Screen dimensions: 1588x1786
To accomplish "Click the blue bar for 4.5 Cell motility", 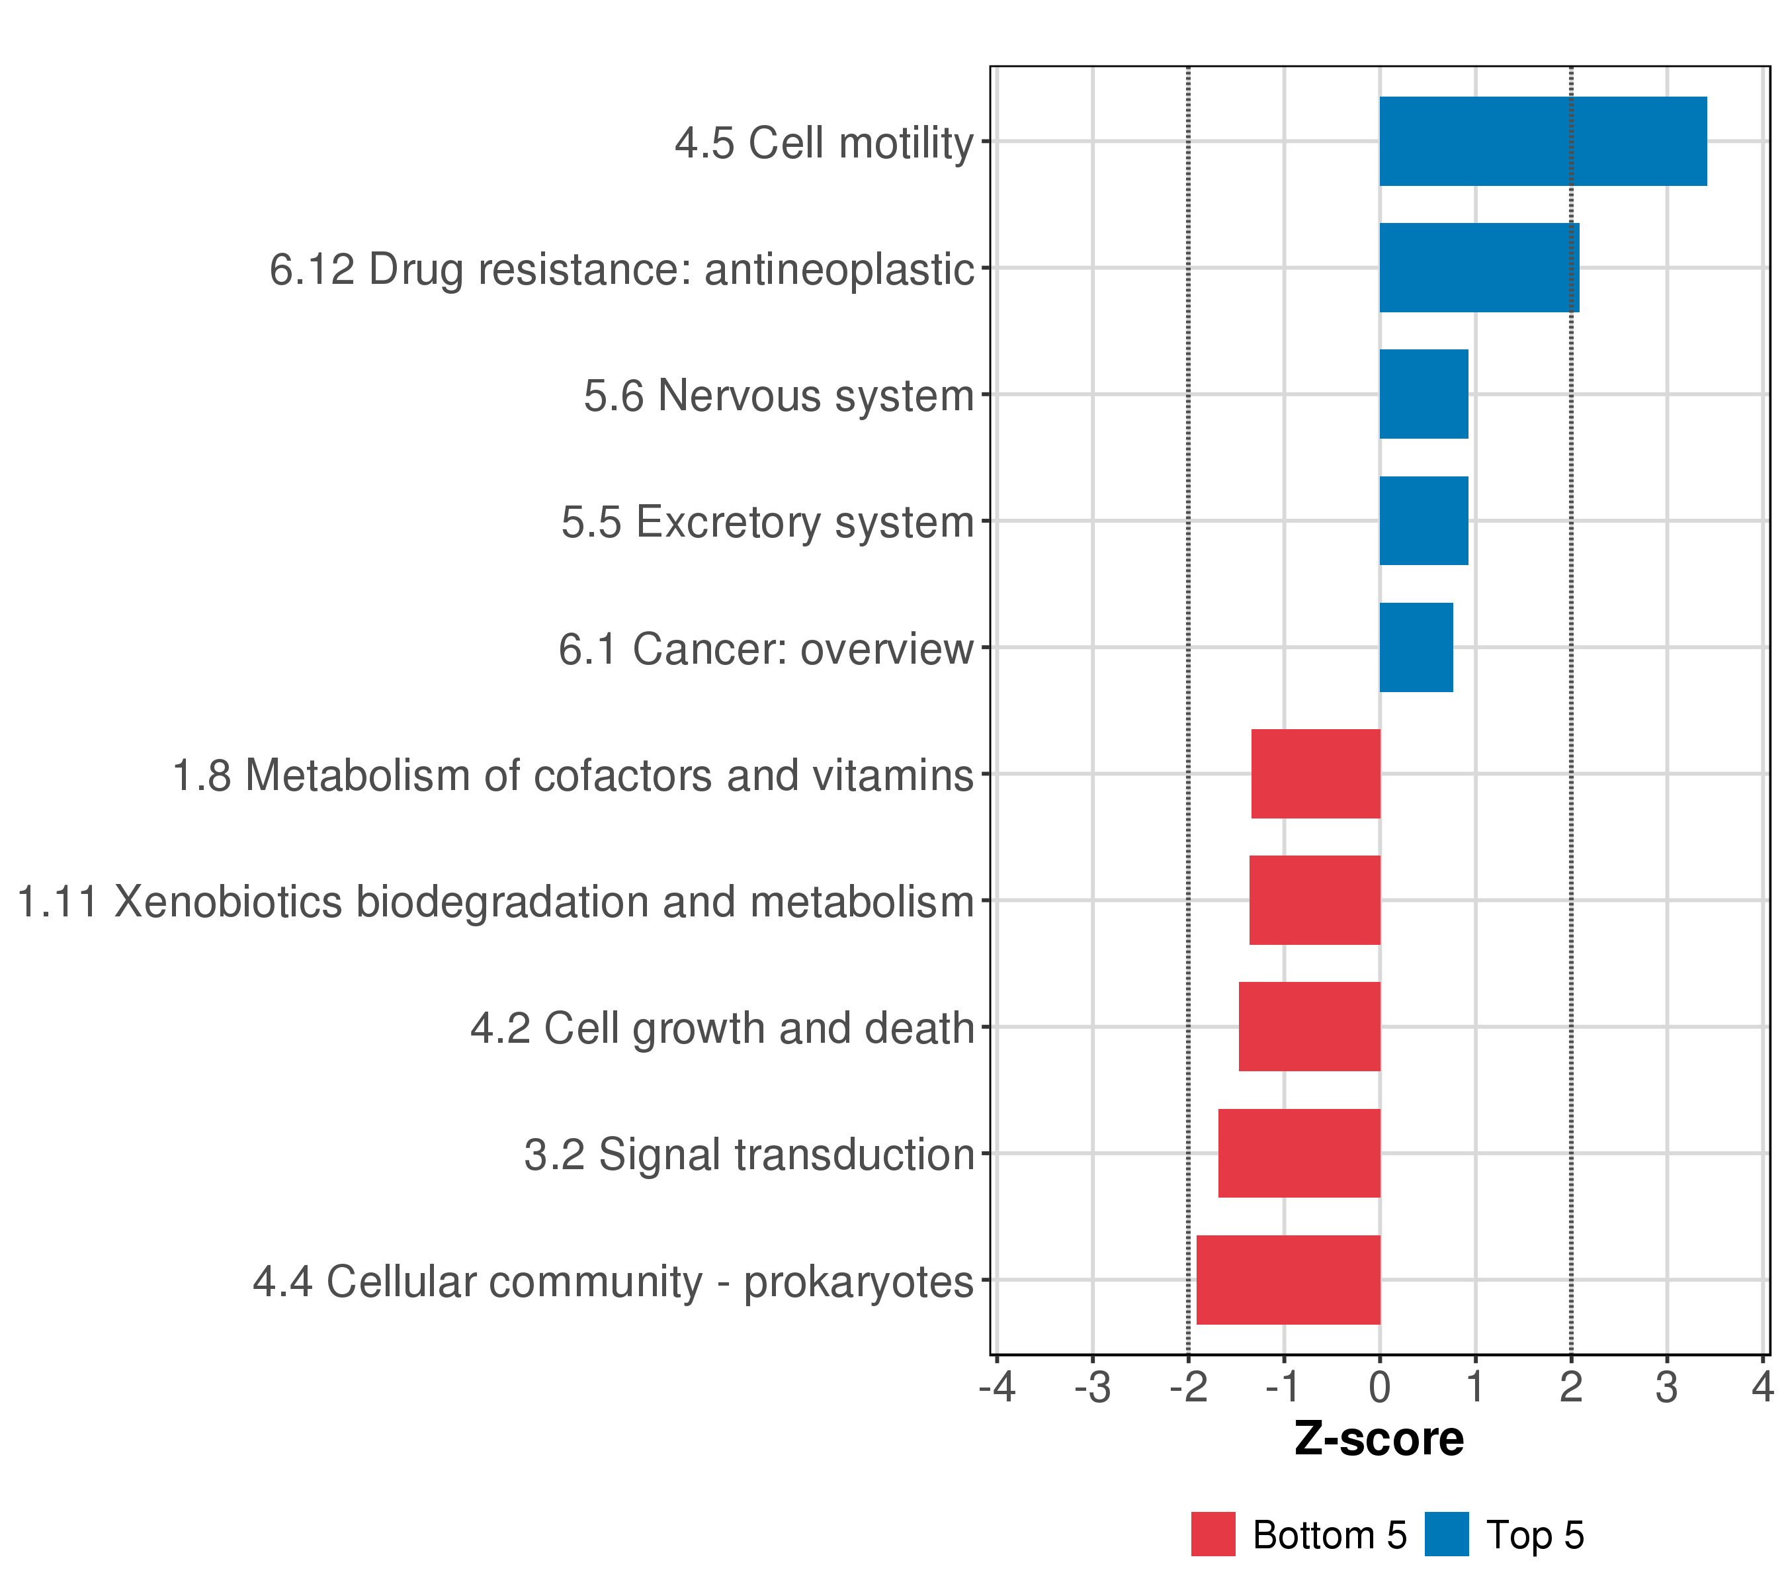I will pyautogui.click(x=1542, y=142).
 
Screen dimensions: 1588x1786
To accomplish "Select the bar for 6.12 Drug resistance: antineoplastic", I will pyautogui.click(x=1478, y=267).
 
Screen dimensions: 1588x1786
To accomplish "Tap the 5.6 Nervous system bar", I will pyautogui.click(x=1424, y=394).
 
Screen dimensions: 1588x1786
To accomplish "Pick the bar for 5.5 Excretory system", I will pyautogui.click(x=1424, y=521).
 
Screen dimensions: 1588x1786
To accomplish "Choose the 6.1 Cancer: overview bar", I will pyautogui.click(x=1416, y=648).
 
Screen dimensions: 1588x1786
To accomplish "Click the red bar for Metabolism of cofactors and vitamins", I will pyautogui.click(x=1315, y=773).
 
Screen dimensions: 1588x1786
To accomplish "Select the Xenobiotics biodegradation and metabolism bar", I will pyautogui.click(x=1314, y=900).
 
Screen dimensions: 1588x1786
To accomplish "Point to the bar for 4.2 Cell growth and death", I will pyautogui.click(x=1309, y=1026).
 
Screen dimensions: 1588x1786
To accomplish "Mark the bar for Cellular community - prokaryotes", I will pyautogui.click(x=1288, y=1280).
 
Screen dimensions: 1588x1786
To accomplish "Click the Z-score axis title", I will pyautogui.click(x=1379, y=1438).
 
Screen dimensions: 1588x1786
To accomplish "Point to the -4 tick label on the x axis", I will pyautogui.click(x=997, y=1387).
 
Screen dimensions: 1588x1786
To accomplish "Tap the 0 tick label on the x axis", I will pyautogui.click(x=1380, y=1387).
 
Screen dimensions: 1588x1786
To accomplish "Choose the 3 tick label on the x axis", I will pyautogui.click(x=1666, y=1387).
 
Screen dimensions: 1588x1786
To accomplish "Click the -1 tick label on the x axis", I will pyautogui.click(x=1283, y=1387).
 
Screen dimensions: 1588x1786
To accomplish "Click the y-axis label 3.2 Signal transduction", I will pyautogui.click(x=749, y=1155).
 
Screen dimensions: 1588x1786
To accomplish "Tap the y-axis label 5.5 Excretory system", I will pyautogui.click(x=767, y=523).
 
